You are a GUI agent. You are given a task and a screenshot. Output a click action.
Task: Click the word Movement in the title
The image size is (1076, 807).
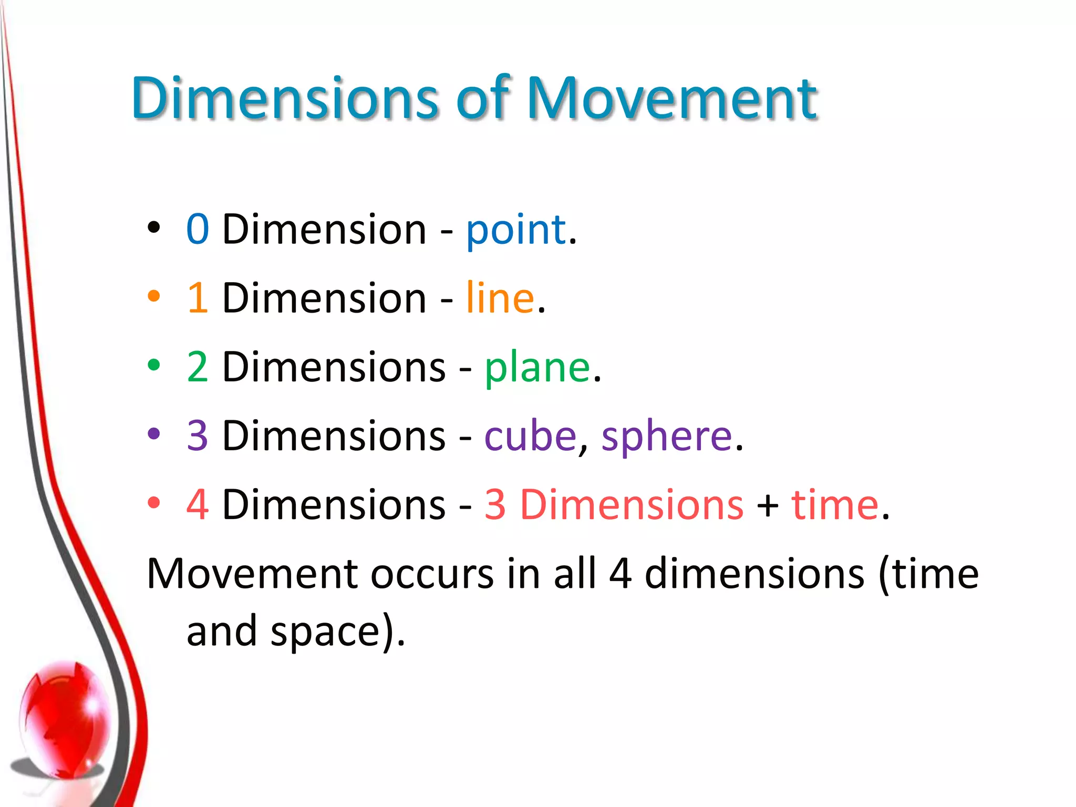672,98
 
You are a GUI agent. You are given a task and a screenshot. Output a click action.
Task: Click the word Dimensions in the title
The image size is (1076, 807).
284,98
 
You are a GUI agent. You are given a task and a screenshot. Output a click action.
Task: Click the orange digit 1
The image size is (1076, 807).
198,298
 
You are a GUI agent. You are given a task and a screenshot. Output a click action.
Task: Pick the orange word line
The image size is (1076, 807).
500,298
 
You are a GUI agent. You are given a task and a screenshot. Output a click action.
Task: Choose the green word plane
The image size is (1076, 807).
537,369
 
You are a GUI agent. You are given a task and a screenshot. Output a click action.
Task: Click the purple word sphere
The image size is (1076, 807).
666,438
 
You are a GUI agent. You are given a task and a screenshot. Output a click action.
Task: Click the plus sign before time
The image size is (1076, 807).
768,505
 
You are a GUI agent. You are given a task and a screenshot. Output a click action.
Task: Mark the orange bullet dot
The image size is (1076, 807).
154,296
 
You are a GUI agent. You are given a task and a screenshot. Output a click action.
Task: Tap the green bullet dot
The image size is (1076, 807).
154,365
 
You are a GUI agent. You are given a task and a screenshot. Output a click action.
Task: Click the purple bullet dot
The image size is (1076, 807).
154,433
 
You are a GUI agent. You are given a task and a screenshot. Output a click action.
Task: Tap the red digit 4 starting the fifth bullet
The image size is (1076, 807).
198,504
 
